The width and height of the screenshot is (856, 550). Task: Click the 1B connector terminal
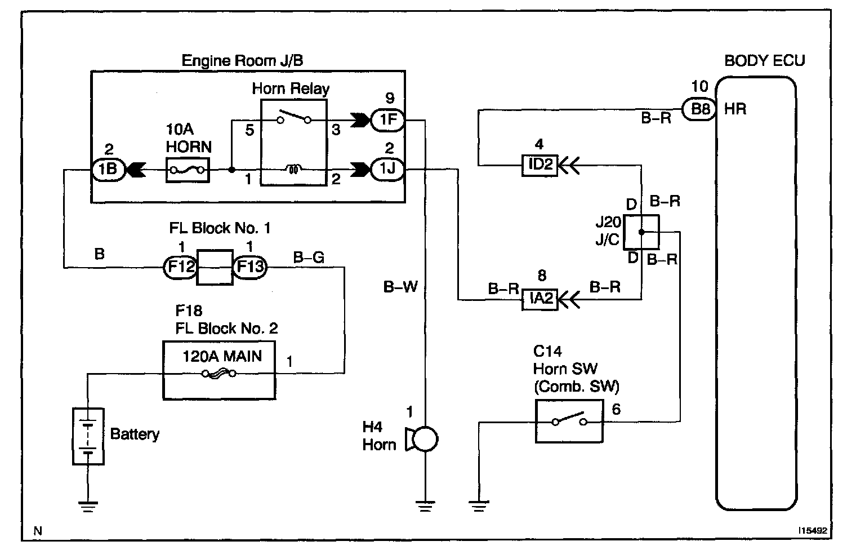tap(109, 170)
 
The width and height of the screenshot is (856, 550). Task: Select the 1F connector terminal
tap(387, 119)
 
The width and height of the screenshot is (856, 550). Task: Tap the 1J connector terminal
tap(387, 169)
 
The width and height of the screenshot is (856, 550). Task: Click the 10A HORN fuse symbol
tap(188, 170)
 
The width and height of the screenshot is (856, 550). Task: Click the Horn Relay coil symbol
tap(293, 168)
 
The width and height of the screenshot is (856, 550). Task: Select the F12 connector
tap(180, 266)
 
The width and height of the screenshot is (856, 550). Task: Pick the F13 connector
tap(249, 266)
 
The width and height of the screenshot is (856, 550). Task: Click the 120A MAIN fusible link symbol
tap(219, 372)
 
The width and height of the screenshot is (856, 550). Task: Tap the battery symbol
tap(88, 436)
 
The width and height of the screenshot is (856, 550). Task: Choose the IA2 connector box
tap(540, 299)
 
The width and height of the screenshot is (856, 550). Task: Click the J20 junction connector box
tap(641, 232)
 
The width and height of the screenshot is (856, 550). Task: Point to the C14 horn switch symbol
tap(569, 421)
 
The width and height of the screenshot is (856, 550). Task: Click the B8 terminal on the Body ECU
tap(700, 109)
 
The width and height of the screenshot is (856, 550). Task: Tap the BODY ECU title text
tap(764, 60)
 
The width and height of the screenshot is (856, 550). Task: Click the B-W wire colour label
tap(400, 287)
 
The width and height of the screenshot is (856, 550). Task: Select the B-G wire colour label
tap(309, 258)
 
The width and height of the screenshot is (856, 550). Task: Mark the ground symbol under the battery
tap(88, 505)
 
